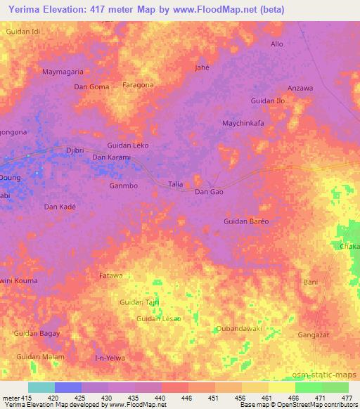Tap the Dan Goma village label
pyautogui.click(x=91, y=86)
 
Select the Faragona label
pyautogui.click(x=138, y=85)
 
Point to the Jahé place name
pyautogui.click(x=202, y=67)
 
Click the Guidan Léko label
pyautogui.click(x=128, y=145)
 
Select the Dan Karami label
pyautogui.click(x=112, y=157)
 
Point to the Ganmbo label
pyautogui.click(x=123, y=186)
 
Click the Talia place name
pyautogui.click(x=176, y=184)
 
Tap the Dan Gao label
pyautogui.click(x=209, y=192)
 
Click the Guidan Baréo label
pyautogui.click(x=246, y=221)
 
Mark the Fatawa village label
pyautogui.click(x=110, y=275)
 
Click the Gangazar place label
pyautogui.click(x=314, y=335)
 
